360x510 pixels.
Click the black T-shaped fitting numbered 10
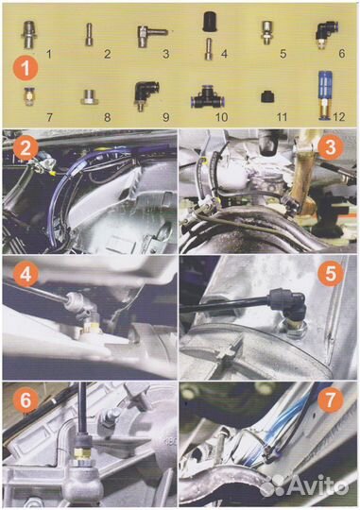[x=209, y=98]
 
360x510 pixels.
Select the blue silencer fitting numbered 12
[x=325, y=96]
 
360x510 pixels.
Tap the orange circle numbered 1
[x=26, y=69]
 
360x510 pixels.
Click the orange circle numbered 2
[x=26, y=149]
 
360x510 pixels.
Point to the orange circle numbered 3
[x=331, y=148]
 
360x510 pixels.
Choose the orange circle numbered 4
[x=26, y=274]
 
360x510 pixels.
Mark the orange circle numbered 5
[x=331, y=274]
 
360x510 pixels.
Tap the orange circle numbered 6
[x=26, y=399]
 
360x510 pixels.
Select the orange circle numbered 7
[x=331, y=399]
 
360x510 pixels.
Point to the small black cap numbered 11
[x=267, y=97]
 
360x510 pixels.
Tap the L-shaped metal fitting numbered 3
[x=150, y=36]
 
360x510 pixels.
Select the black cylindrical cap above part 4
[x=209, y=21]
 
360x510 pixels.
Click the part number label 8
[x=107, y=117]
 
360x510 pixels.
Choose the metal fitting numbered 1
[x=29, y=34]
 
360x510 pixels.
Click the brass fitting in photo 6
[x=82, y=453]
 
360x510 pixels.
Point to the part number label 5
[x=283, y=54]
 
